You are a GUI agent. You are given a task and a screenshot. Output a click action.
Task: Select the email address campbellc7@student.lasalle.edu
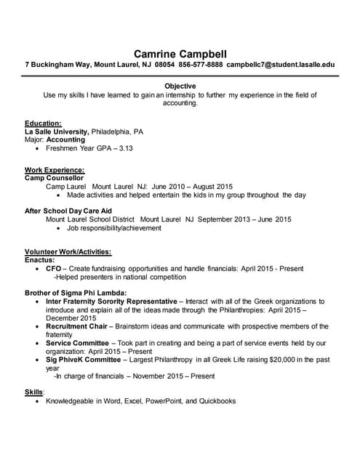click(x=281, y=65)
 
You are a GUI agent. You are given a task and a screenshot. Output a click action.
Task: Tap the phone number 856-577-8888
click(x=201, y=65)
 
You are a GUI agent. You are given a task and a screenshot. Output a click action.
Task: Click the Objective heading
click(x=180, y=86)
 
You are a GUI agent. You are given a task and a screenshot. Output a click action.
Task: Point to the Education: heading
click(x=43, y=123)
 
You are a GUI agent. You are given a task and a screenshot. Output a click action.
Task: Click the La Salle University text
click(x=56, y=132)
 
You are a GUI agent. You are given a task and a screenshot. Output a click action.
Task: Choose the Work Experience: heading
click(x=55, y=170)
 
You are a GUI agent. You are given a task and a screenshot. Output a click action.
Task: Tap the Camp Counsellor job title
click(x=54, y=177)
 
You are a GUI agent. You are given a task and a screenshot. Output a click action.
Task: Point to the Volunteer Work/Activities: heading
click(x=68, y=251)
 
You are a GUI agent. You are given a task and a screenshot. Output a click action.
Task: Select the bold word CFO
click(x=53, y=268)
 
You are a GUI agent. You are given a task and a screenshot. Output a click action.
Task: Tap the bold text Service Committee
click(x=79, y=342)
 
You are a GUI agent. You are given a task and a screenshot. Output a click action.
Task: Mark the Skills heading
click(x=34, y=392)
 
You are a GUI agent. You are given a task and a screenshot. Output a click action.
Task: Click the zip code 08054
click(x=165, y=65)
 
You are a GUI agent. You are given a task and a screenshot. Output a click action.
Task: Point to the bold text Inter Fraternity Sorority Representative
click(x=111, y=300)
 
